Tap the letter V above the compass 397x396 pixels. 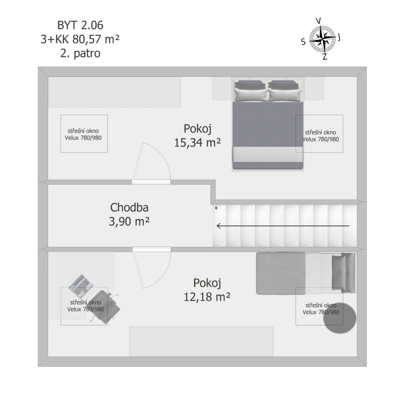[x=318, y=21]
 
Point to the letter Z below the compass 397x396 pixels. [x=325, y=56]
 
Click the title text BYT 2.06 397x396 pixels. [x=80, y=25]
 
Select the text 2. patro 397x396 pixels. [x=80, y=53]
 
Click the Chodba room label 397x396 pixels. [x=129, y=207]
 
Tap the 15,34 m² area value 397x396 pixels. [x=198, y=142]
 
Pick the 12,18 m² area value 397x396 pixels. [x=207, y=297]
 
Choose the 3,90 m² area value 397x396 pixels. [x=129, y=222]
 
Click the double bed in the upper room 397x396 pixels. [x=268, y=124]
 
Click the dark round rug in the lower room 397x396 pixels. [x=340, y=318]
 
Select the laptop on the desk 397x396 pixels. [x=81, y=285]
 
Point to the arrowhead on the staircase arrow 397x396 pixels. [x=218, y=226]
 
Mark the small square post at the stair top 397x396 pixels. [x=216, y=208]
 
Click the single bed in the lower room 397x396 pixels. [x=306, y=273]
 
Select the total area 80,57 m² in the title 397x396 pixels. [x=96, y=39]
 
